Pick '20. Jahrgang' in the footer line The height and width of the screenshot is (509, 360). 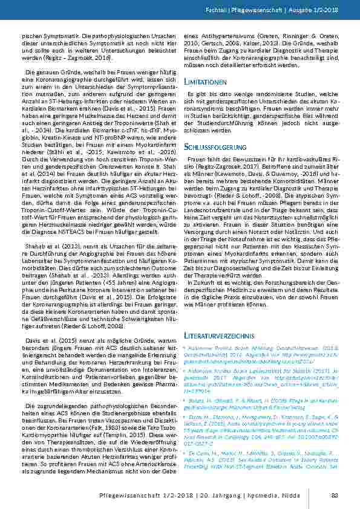pyautogui.click(x=241, y=498)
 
